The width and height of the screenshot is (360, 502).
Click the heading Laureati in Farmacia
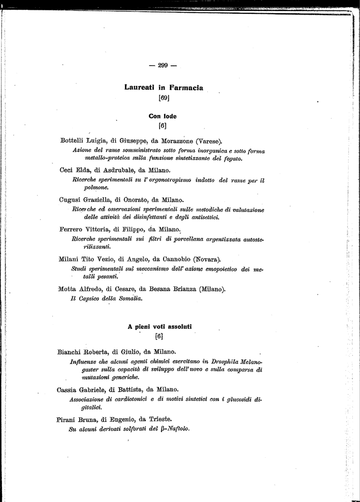tap(164, 88)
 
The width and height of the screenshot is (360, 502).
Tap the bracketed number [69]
tap(164, 98)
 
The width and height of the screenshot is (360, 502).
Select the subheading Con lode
tap(163, 116)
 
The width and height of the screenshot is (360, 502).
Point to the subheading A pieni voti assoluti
tap(160, 326)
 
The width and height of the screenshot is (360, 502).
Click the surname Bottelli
tap(72, 141)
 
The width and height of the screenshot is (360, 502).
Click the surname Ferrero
tap(72, 229)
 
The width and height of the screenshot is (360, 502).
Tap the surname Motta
tap(69, 289)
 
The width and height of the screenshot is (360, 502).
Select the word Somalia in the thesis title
tap(128, 299)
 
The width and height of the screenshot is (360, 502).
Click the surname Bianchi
tap(70, 352)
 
